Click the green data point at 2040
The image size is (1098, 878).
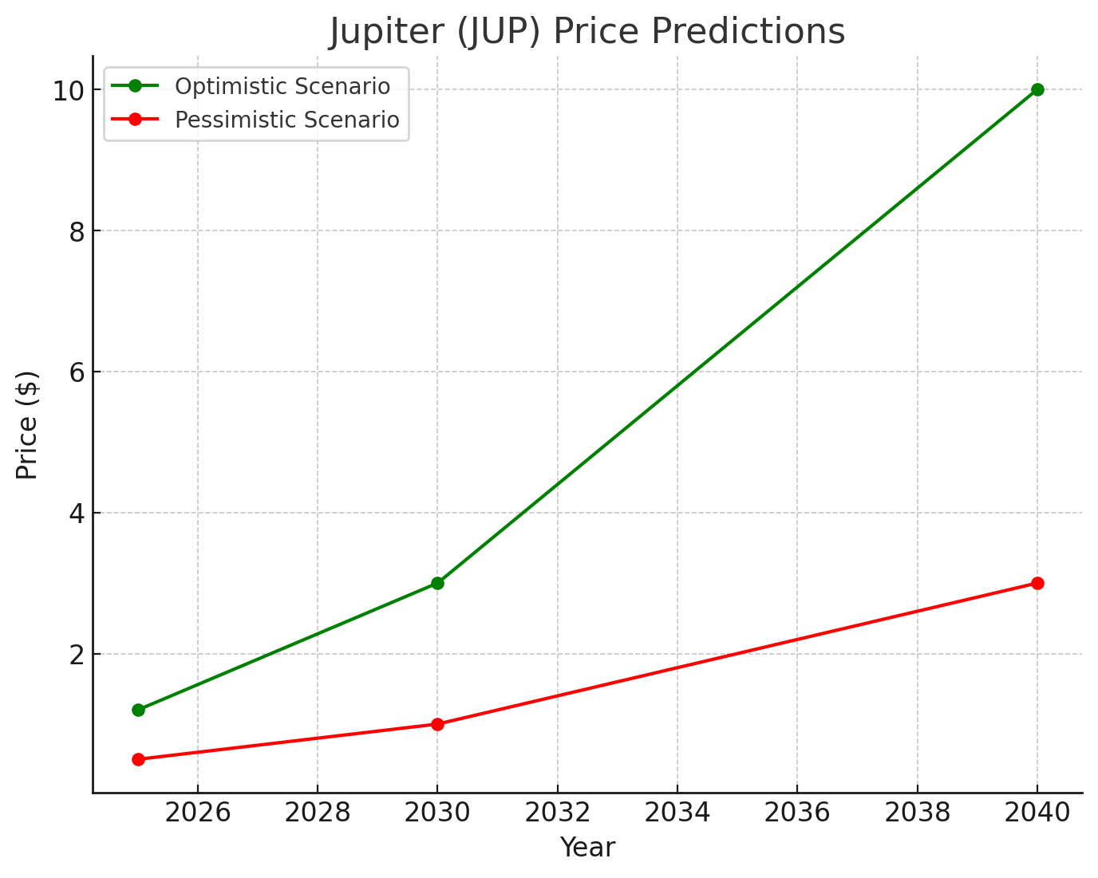[x=1037, y=89]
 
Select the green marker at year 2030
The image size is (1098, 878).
[x=437, y=583]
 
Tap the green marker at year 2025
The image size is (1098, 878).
[x=138, y=710]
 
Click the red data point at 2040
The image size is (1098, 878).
[x=1037, y=583]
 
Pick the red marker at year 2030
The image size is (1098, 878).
[x=437, y=724]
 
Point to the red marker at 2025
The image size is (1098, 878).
[x=138, y=759]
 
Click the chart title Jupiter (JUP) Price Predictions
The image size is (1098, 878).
[x=587, y=32]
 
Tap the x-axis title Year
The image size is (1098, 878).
[x=587, y=848]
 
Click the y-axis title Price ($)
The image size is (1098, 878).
[x=27, y=425]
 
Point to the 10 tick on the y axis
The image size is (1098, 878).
[x=69, y=90]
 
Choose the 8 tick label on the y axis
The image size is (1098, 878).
[x=77, y=231]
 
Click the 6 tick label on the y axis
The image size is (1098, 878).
[x=77, y=372]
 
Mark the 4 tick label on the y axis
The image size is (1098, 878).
[x=77, y=514]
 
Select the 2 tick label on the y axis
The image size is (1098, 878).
[x=77, y=655]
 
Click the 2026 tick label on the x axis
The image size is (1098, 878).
[x=198, y=813]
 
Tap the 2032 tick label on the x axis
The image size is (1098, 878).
[x=557, y=813]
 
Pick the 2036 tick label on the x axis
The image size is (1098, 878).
[x=797, y=813]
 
